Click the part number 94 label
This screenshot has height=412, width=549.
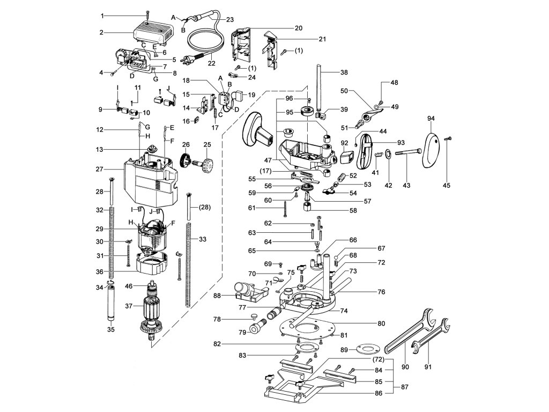[430, 117]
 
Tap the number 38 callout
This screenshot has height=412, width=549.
[344, 71]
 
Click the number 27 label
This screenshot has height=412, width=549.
[99, 169]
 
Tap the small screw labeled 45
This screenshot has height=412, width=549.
[450, 139]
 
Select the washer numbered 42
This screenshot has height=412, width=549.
[388, 159]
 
